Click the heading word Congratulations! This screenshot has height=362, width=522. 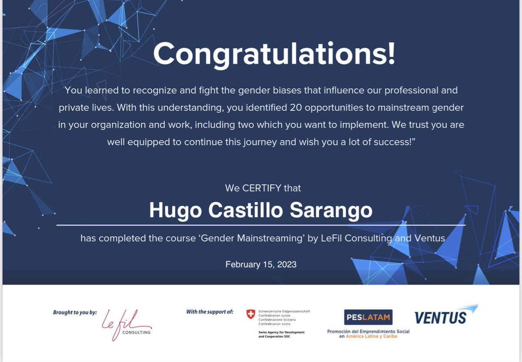[x=274, y=54]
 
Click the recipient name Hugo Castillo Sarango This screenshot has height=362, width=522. [x=261, y=210]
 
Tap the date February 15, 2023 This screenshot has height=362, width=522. [x=261, y=264]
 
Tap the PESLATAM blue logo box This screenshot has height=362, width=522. [x=368, y=317]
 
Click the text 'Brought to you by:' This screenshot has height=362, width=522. [x=75, y=312]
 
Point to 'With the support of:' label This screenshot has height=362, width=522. [x=210, y=311]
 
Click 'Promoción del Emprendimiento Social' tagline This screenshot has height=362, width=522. [x=368, y=332]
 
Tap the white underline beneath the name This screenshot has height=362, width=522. [x=261, y=225]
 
